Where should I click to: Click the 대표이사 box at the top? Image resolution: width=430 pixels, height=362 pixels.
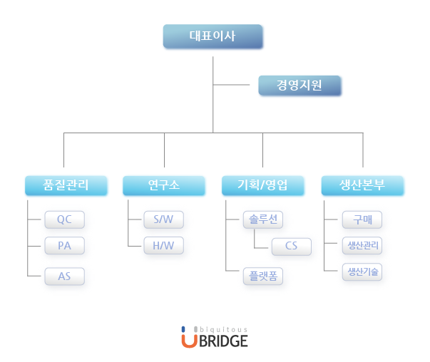pos(213,36)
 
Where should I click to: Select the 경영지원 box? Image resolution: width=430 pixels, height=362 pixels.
pos(300,86)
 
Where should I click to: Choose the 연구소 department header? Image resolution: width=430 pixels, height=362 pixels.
pos(164,186)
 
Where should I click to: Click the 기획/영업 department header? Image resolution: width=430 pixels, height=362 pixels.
pos(263,186)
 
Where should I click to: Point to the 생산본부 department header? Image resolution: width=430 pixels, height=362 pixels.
pos(362,186)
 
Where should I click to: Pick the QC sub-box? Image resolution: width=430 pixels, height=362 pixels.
pos(65,219)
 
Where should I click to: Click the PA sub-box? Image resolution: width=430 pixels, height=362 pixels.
pos(65,246)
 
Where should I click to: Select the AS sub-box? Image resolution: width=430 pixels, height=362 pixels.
pos(65,276)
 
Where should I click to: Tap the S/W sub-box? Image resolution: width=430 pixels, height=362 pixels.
pos(163,219)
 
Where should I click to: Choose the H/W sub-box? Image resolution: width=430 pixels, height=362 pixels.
pos(163,246)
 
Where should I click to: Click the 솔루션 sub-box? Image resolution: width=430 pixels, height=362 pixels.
pos(262,219)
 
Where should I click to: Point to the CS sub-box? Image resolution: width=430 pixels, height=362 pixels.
pos(291,247)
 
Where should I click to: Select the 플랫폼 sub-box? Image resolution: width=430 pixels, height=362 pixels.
pos(262,276)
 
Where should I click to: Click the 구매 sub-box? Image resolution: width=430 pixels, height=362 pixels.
pos(362,219)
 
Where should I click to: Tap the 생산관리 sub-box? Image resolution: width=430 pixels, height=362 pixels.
pos(362,246)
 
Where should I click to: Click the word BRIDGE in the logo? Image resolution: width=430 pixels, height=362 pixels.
pos(223,341)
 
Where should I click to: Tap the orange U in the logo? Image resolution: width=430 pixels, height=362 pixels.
pos(188,340)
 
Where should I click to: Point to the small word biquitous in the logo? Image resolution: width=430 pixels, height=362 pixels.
pos(224,329)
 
